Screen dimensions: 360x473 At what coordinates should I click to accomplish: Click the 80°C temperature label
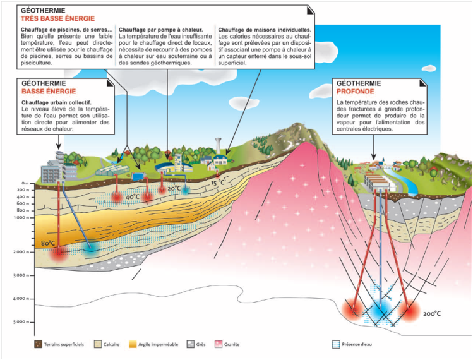tap(49, 243)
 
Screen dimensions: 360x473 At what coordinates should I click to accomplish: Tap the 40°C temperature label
tap(132, 197)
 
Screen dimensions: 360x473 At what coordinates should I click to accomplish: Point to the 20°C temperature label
tap(174, 189)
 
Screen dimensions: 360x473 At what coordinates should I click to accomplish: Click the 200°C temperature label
tap(431, 313)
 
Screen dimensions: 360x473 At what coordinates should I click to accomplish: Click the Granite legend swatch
tap(219, 345)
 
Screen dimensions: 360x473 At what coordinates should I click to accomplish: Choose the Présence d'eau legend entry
tap(357, 345)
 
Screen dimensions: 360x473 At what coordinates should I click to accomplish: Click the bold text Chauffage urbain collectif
tap(57, 102)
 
